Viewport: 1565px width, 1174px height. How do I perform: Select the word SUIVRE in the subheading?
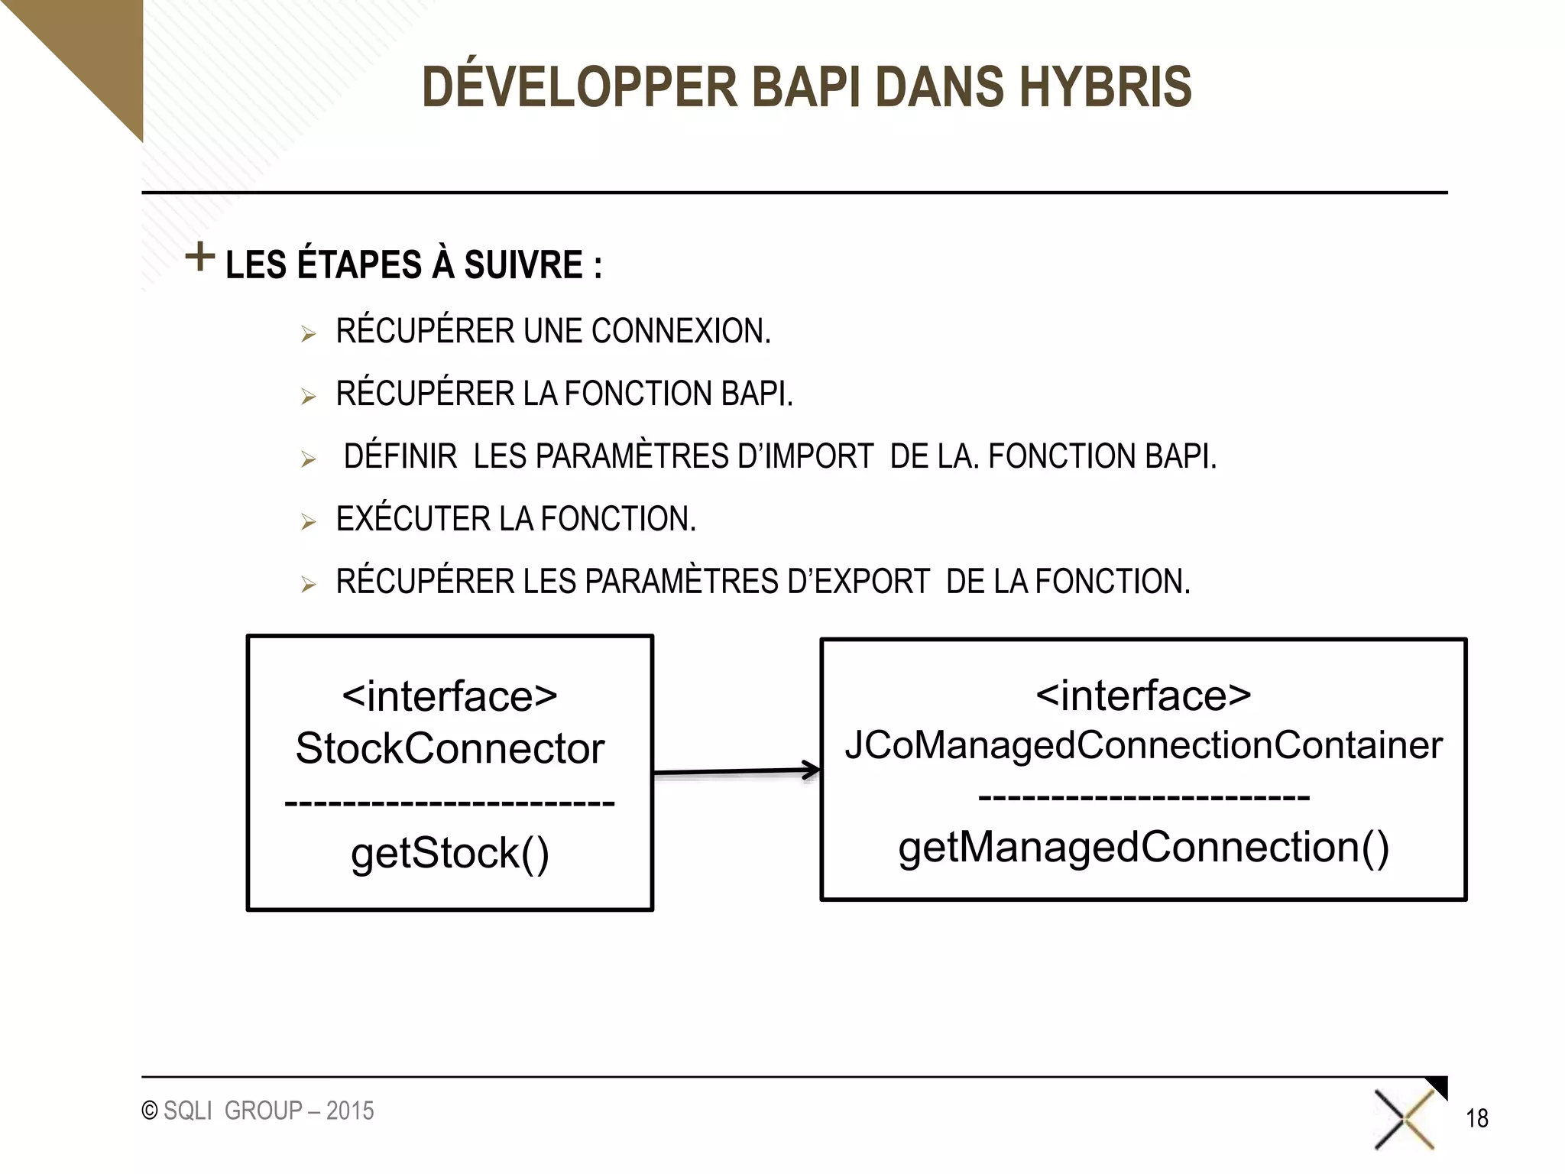523,265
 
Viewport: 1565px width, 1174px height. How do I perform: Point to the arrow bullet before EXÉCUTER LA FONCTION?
308,522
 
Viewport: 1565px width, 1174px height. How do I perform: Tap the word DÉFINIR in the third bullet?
400,456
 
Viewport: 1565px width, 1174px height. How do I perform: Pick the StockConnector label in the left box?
449,748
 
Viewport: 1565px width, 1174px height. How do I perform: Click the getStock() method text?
449,853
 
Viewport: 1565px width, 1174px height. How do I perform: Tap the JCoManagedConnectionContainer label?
1143,744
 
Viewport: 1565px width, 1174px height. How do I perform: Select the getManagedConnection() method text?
1143,848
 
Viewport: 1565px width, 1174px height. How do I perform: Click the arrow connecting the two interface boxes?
737,772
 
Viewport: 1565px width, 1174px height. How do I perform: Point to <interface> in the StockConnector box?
449,696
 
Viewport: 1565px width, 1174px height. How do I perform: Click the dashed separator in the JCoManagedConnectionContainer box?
1143,798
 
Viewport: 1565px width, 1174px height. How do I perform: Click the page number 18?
1476,1119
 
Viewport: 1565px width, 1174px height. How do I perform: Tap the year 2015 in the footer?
350,1111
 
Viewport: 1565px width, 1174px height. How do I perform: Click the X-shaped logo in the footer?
1405,1120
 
